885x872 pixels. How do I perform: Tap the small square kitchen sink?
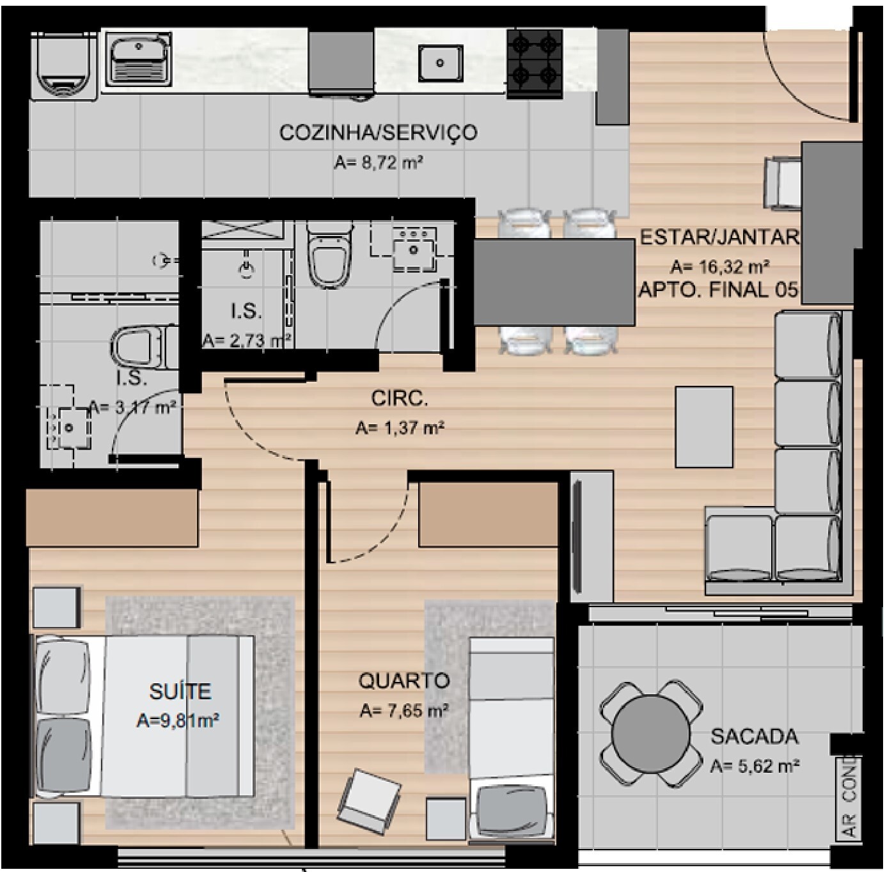tap(441, 63)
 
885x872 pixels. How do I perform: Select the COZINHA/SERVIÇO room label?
tap(379, 132)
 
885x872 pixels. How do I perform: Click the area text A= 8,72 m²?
tap(379, 163)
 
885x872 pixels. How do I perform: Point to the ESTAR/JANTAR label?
tap(719, 237)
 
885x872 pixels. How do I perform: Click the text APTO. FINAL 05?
tap(718, 290)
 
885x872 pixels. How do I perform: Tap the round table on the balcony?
tap(651, 734)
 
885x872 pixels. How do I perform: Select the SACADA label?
tap(755, 736)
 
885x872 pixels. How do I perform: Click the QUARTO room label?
tap(404, 681)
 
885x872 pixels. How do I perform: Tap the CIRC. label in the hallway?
tap(399, 399)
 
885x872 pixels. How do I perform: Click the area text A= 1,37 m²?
tap(400, 428)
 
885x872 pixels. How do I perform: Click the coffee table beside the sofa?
tap(703, 427)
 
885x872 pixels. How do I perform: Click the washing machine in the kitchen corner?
tap(64, 65)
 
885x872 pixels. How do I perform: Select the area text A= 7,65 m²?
tap(404, 711)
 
